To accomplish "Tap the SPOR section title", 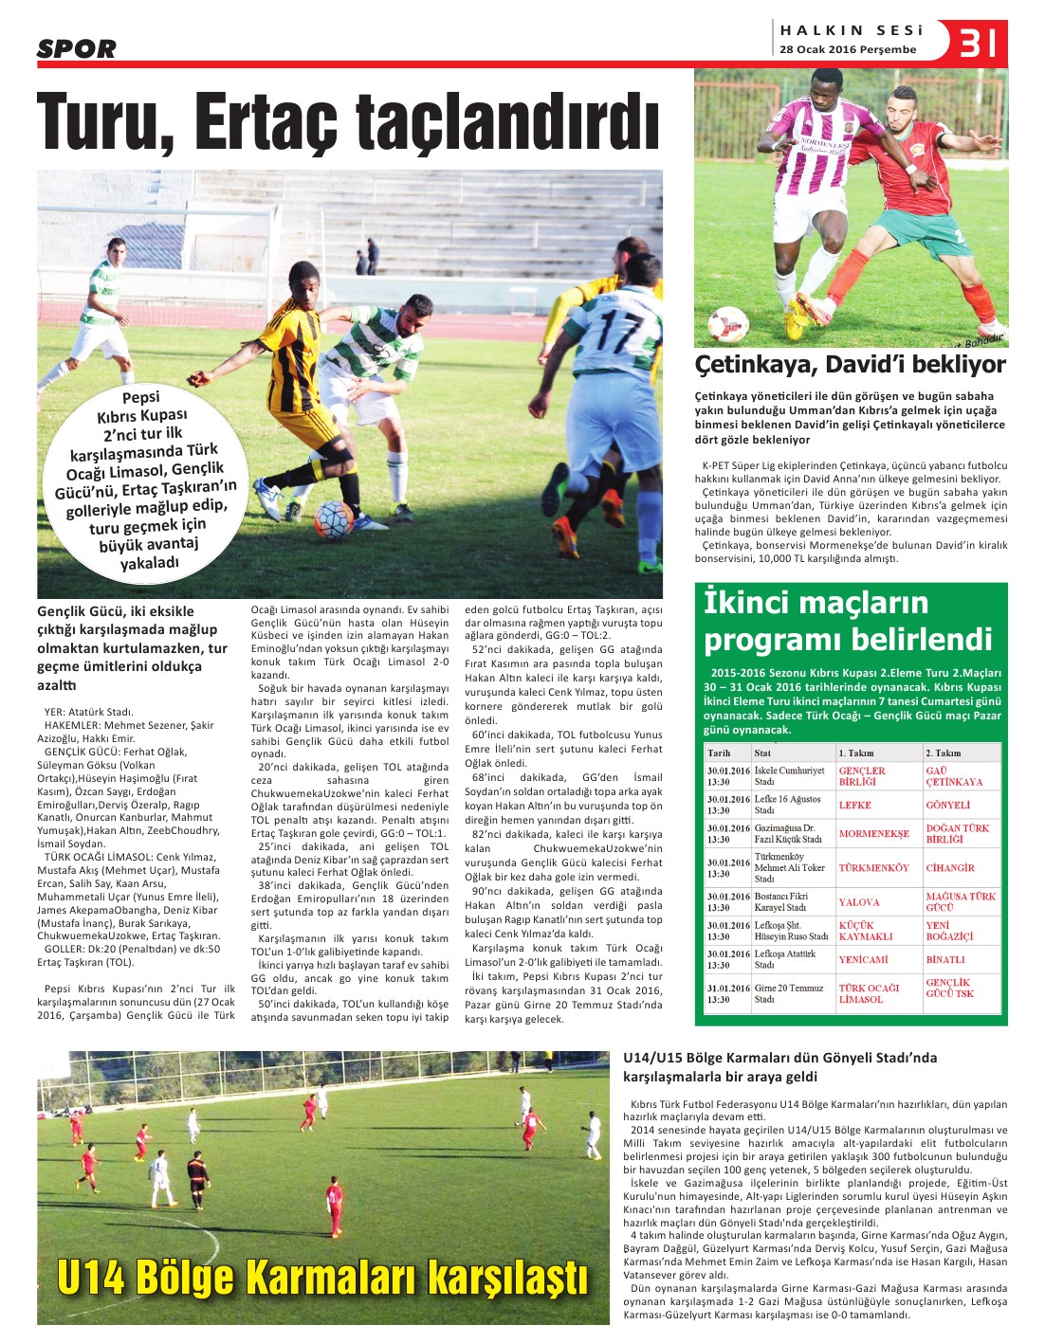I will pyautogui.click(x=77, y=48).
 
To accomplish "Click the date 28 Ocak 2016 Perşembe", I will pyautogui.click(x=848, y=49).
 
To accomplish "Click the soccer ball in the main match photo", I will pyautogui.click(x=334, y=519).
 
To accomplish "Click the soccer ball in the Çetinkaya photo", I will pyautogui.click(x=728, y=323).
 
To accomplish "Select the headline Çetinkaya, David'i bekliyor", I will pyautogui.click(x=850, y=365).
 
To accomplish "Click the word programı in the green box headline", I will pyautogui.click(x=767, y=640).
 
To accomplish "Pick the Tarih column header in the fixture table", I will pyautogui.click(x=720, y=753).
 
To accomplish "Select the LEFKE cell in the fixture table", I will pyautogui.click(x=854, y=805).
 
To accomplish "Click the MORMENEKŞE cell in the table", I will pyautogui.click(x=873, y=834).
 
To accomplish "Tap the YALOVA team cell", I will pyautogui.click(x=858, y=902).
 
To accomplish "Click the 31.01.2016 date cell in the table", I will pyautogui.click(x=728, y=988).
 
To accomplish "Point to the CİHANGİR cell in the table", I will pyautogui.click(x=950, y=867).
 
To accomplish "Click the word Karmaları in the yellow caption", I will pyautogui.click(x=332, y=1277).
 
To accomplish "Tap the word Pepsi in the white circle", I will pyautogui.click(x=141, y=397).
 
